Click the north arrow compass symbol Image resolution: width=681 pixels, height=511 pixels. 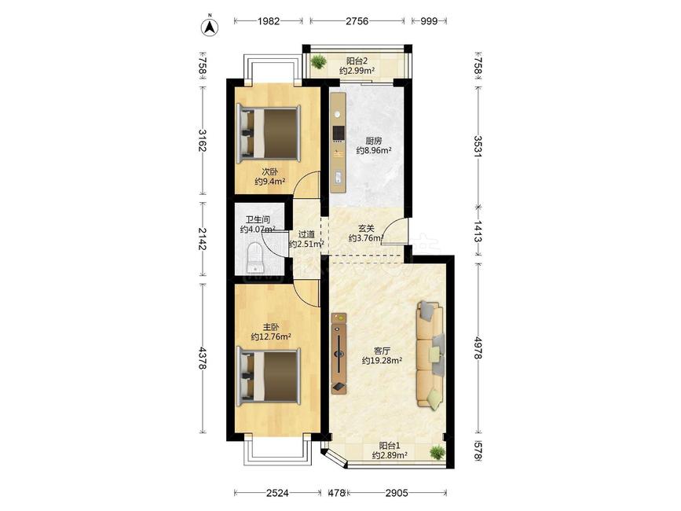pyautogui.click(x=210, y=26)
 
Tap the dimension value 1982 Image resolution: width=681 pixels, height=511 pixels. pyautogui.click(x=269, y=21)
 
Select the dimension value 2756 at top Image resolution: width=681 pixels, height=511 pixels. pyautogui.click(x=357, y=21)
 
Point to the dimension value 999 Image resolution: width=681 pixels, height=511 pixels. pyautogui.click(x=429, y=21)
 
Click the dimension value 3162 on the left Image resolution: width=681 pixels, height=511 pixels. pyautogui.click(x=203, y=141)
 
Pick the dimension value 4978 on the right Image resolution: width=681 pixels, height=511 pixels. pyautogui.click(x=478, y=347)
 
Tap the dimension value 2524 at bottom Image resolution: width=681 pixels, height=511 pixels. pyautogui.click(x=277, y=493)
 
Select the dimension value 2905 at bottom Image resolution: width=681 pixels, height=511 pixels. pyautogui.click(x=397, y=493)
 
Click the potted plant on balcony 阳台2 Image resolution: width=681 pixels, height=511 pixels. pyautogui.click(x=319, y=61)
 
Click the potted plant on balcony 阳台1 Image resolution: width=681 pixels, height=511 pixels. pyautogui.click(x=437, y=452)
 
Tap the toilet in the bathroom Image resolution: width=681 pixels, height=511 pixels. pyautogui.click(x=255, y=258)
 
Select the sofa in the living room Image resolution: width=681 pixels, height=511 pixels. pyautogui.click(x=430, y=354)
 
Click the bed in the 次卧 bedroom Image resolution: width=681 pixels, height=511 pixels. pyautogui.click(x=268, y=133)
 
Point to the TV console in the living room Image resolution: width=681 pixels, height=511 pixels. pyautogui.click(x=339, y=353)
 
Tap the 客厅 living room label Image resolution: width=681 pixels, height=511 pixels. pyautogui.click(x=382, y=351)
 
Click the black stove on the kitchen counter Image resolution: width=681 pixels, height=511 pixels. pyautogui.click(x=339, y=134)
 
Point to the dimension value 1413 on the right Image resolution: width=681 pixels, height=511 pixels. pyautogui.click(x=478, y=231)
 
